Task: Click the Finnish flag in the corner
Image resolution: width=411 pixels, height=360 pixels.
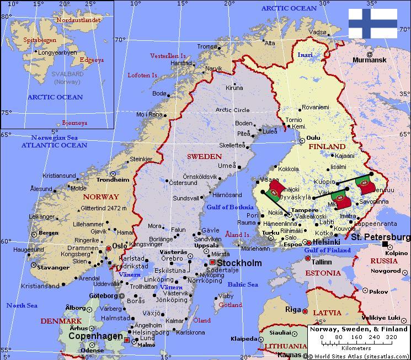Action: [x=372, y=24]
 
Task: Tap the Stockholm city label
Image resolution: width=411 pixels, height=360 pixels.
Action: [x=239, y=263]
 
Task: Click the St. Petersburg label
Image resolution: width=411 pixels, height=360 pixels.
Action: [x=381, y=237]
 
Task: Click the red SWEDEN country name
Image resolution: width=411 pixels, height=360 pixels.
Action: [x=204, y=157]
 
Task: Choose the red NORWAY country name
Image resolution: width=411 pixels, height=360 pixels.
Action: [x=101, y=197]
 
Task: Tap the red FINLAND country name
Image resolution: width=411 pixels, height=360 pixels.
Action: [x=327, y=147]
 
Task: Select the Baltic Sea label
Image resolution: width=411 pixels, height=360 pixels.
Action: [x=243, y=284]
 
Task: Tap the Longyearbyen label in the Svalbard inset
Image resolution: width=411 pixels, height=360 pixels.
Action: [x=57, y=53]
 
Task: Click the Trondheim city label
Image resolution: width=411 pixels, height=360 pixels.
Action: [x=113, y=179]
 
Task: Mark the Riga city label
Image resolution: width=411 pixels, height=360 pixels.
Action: [x=292, y=309]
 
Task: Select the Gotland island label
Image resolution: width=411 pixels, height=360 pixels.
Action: [x=230, y=305]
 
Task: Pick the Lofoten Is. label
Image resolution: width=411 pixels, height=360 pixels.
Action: [x=143, y=75]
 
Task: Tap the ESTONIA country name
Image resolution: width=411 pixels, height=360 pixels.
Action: [x=323, y=273]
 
